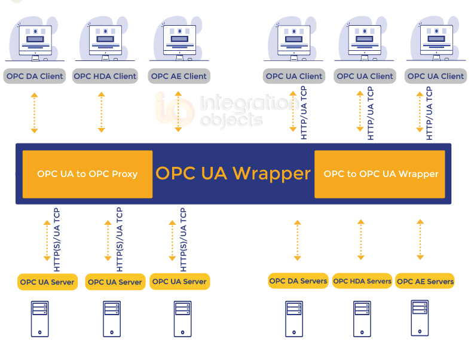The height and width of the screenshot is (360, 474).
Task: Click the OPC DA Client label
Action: (35, 76)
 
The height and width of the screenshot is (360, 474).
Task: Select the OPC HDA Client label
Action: (105, 76)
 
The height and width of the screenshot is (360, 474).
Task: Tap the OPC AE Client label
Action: (179, 76)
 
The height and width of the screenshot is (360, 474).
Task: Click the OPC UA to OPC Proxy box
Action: (87, 174)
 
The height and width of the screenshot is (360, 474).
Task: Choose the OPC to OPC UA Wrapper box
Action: (380, 174)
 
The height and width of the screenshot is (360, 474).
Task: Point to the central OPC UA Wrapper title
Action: (233, 173)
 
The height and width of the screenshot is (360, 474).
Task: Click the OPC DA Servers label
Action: (298, 281)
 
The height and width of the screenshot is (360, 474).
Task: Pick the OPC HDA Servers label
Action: (362, 281)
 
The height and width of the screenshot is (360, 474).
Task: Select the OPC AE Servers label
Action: (425, 282)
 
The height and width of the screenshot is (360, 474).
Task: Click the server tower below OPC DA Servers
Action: (294, 318)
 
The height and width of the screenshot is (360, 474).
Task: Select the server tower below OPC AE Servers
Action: (420, 317)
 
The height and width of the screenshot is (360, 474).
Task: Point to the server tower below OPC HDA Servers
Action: (362, 318)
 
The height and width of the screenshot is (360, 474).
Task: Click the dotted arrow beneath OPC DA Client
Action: (35, 113)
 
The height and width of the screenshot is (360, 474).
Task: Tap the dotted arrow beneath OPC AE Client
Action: (177, 112)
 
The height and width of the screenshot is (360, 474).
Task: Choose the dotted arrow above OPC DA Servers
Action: (297, 240)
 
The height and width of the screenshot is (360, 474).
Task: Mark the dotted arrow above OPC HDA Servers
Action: (360, 240)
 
